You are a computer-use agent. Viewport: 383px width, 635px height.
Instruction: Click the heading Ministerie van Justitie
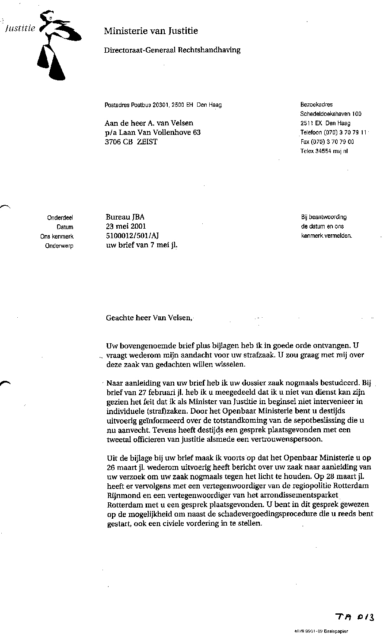point(151,31)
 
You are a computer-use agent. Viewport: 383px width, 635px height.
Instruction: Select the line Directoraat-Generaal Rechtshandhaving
point(172,50)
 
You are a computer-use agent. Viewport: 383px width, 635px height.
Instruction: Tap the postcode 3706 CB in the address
point(119,142)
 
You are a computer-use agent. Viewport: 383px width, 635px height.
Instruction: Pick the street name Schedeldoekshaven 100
point(331,114)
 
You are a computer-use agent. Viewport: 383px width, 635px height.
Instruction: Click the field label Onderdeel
point(60,218)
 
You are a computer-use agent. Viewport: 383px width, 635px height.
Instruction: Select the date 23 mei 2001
point(126,226)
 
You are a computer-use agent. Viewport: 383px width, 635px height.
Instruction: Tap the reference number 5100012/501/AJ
point(134,236)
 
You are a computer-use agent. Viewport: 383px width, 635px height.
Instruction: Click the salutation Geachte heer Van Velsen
point(148,318)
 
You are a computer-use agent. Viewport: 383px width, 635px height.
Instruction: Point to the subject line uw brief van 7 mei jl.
point(142,245)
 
